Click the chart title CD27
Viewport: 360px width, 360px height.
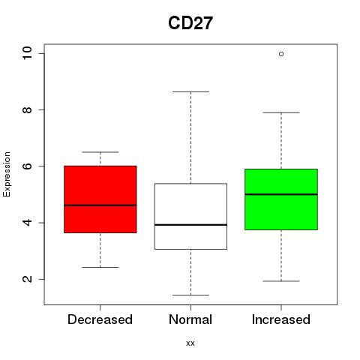point(190,23)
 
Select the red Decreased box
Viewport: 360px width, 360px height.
point(100,199)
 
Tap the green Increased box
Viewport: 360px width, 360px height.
point(281,199)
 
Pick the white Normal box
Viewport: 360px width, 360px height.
point(190,216)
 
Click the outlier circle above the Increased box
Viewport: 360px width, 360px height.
point(281,54)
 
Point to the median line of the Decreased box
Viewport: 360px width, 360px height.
point(100,205)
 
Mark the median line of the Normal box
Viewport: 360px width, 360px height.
point(190,225)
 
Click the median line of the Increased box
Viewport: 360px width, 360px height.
point(281,194)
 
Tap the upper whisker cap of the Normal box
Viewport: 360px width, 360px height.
point(190,91)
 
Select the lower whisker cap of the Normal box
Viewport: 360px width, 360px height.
point(190,295)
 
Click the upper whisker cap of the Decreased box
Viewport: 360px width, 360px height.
point(100,152)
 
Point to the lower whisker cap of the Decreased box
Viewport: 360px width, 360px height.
point(100,267)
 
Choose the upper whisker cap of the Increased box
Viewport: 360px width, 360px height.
point(281,112)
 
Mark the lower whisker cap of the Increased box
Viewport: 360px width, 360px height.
point(281,281)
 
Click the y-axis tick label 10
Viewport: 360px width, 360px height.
point(27,53)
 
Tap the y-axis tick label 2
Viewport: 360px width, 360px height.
point(27,279)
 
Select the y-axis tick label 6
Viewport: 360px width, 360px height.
point(27,166)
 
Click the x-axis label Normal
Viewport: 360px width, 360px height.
point(190,319)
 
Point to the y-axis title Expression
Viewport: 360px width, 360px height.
point(7,174)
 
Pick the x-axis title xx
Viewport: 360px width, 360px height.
point(190,343)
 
